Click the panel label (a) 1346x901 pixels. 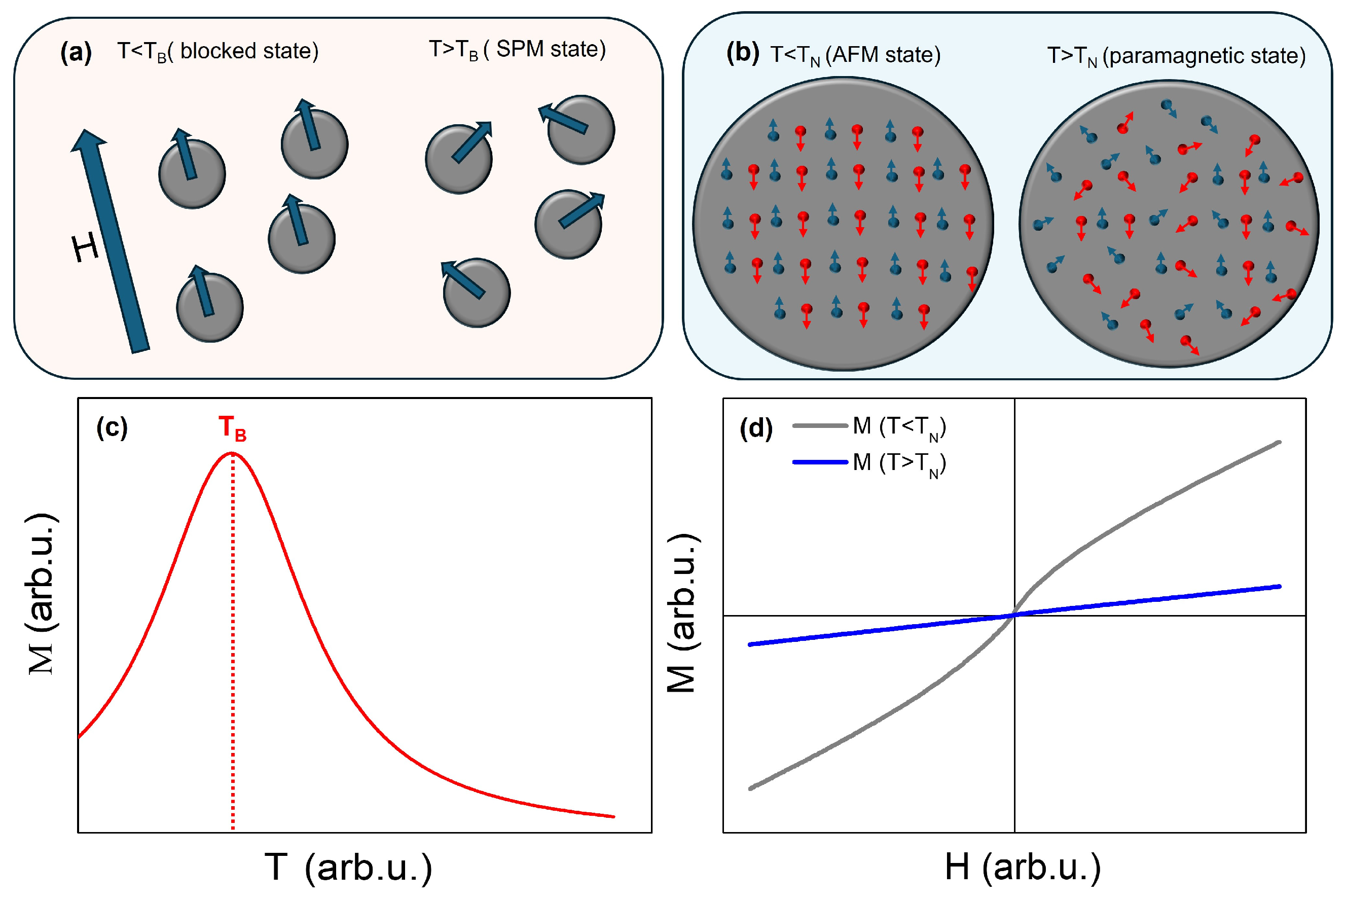(76, 53)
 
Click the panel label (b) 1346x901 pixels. (743, 53)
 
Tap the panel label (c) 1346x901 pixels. (112, 427)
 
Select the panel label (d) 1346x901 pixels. (755, 428)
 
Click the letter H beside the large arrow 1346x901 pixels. (85, 249)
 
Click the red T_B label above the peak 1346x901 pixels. (232, 428)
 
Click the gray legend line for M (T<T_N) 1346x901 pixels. (820, 426)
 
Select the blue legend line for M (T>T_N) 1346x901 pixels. (820, 462)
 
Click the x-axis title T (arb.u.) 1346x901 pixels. (348, 867)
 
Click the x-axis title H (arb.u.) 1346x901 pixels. (1023, 867)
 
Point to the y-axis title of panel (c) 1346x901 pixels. (42, 595)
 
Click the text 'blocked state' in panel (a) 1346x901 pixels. (248, 52)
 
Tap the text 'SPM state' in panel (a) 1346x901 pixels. (550, 49)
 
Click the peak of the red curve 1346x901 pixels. (232, 453)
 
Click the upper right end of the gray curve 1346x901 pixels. (1279, 443)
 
